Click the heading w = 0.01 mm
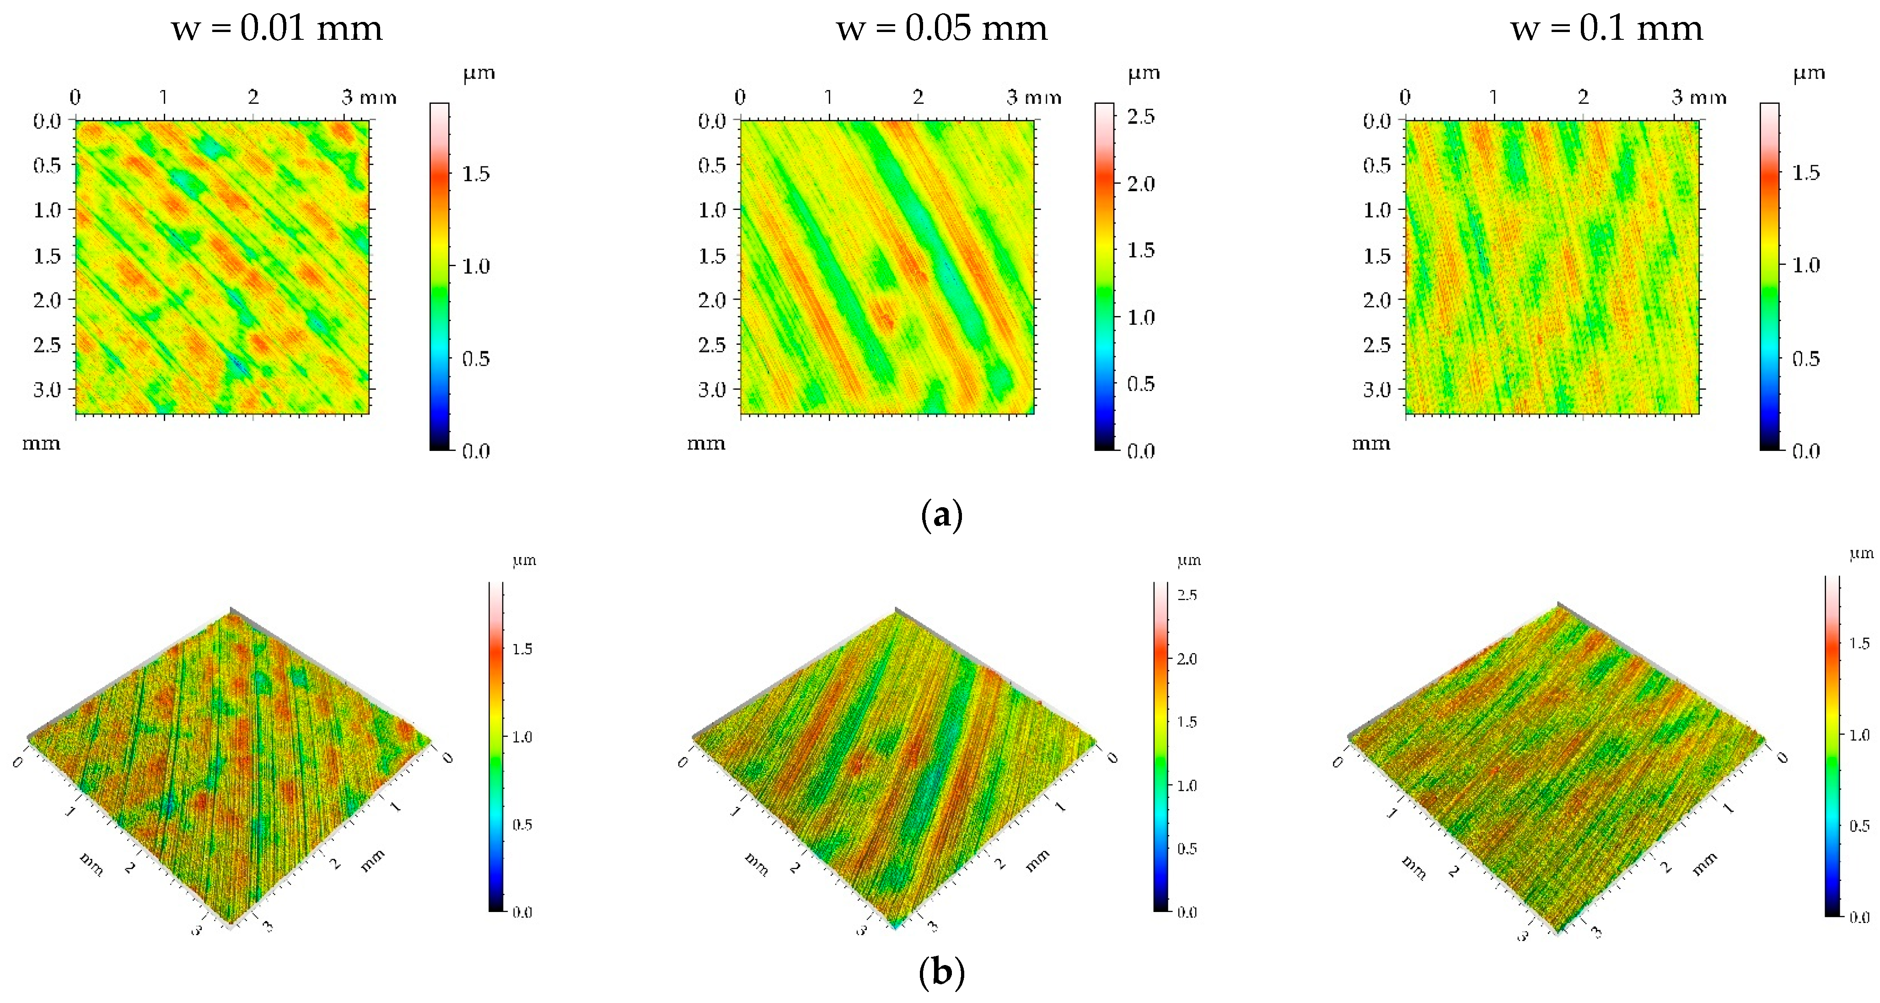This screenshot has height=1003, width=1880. pos(277,29)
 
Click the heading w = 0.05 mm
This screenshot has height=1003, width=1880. pos(941,29)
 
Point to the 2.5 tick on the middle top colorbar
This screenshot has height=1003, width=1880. pos(1141,117)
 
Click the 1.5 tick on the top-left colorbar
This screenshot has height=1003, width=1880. pos(476,174)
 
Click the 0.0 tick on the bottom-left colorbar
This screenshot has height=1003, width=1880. pos(522,912)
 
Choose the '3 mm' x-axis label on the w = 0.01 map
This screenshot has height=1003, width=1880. pos(369,97)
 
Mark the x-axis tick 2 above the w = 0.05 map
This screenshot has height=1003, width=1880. pos(918,97)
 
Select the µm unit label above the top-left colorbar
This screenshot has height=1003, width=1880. pos(479,73)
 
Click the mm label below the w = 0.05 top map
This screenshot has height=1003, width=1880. pos(706,443)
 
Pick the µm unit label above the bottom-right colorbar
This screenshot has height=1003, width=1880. pos(1861,553)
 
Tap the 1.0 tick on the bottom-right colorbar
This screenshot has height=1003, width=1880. pos(1859,735)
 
